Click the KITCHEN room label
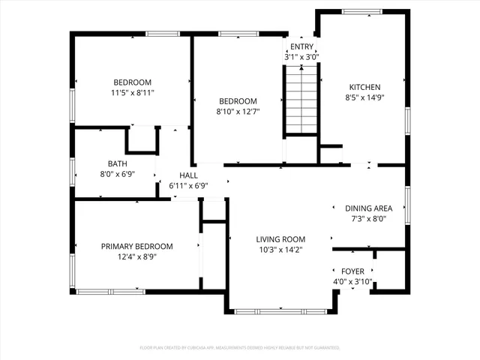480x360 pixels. pyautogui.click(x=363, y=87)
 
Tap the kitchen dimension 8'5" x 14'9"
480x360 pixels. pyautogui.click(x=363, y=97)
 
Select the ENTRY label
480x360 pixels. pyautogui.click(x=301, y=46)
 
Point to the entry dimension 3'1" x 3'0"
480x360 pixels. pyautogui.click(x=301, y=57)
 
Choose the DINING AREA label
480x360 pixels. pyautogui.click(x=368, y=208)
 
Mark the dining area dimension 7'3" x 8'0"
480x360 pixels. pyautogui.click(x=368, y=219)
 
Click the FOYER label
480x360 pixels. pyautogui.click(x=352, y=271)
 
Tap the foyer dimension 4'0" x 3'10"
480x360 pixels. pyautogui.click(x=352, y=282)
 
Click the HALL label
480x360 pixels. pyautogui.click(x=187, y=175)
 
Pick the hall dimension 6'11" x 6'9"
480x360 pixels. pyautogui.click(x=187, y=185)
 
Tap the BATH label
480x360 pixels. pyautogui.click(x=117, y=163)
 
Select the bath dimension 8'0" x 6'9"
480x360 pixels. pyautogui.click(x=117, y=174)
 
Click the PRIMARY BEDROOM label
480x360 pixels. pyautogui.click(x=137, y=246)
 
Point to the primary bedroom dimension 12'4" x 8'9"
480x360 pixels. pyautogui.click(x=137, y=256)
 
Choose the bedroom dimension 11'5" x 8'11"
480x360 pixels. pyautogui.click(x=133, y=93)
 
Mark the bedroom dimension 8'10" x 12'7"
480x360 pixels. pyautogui.click(x=238, y=112)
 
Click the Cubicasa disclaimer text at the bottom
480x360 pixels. pyautogui.click(x=240, y=348)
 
